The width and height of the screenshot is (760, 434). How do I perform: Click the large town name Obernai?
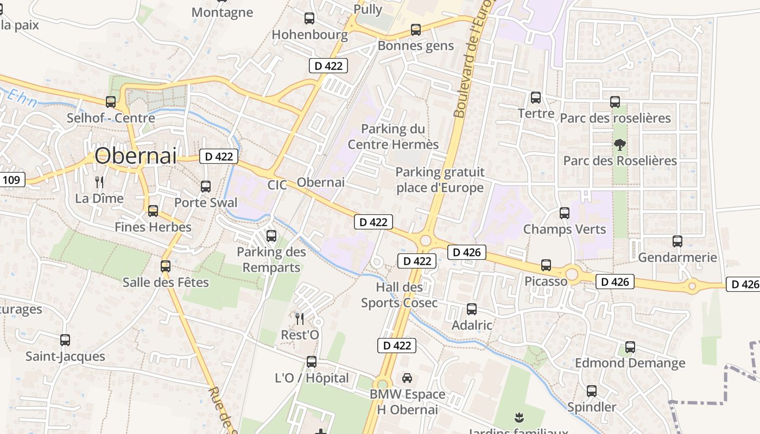click(136, 156)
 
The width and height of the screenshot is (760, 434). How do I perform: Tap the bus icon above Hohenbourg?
click(309, 18)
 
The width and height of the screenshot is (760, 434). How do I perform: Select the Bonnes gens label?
click(415, 46)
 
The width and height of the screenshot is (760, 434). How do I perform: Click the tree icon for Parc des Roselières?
click(619, 144)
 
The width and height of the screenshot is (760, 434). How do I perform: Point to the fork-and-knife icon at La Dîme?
click(99, 182)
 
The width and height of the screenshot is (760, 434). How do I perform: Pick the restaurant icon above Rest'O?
click(300, 318)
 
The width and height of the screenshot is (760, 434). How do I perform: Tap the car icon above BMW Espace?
click(407, 378)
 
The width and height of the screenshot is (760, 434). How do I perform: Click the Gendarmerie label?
click(677, 257)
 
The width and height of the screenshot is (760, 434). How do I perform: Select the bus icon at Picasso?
click(546, 265)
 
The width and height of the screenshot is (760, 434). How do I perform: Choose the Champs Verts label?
click(564, 229)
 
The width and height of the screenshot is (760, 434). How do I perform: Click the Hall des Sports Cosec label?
click(399, 295)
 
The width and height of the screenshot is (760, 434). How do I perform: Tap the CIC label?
click(277, 185)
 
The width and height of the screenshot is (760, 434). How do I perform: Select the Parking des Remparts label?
click(271, 259)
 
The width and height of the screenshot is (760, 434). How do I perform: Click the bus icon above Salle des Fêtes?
click(166, 266)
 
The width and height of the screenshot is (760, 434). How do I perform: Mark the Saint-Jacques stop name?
click(65, 356)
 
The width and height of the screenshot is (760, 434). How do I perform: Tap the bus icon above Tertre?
click(536, 98)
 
